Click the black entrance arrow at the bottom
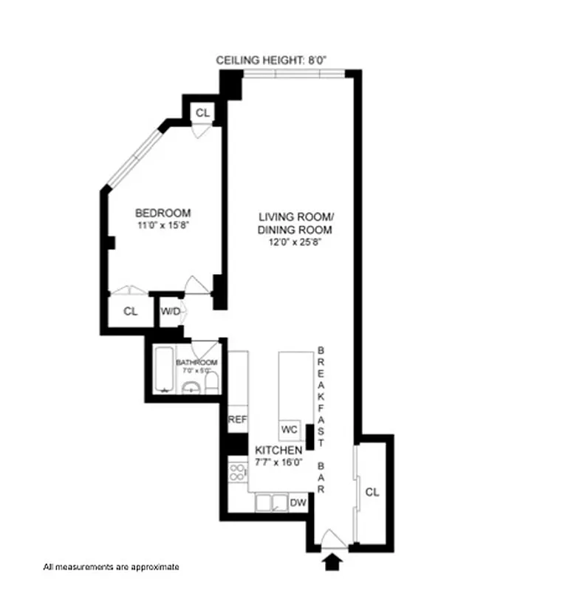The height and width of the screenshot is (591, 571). tap(334, 562)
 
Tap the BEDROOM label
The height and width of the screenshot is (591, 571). tap(163, 213)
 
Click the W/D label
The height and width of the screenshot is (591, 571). tap(170, 311)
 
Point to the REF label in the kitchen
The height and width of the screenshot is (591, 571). tap(237, 420)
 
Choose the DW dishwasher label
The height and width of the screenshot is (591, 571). tap(298, 503)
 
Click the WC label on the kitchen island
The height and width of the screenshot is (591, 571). tap(289, 429)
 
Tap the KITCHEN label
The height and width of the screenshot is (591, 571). tap(278, 450)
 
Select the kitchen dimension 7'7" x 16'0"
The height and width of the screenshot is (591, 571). tap(278, 462)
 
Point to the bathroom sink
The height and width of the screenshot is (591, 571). tap(191, 388)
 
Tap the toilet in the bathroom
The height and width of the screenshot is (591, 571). tap(211, 382)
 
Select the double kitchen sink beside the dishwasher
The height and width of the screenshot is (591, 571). tap(270, 503)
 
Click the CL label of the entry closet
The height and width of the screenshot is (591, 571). tap(372, 492)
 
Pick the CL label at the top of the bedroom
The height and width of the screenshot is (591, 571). tap(202, 113)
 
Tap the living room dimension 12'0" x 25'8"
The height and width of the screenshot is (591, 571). tap(295, 241)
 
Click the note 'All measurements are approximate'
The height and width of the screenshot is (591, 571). tap(111, 567)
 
